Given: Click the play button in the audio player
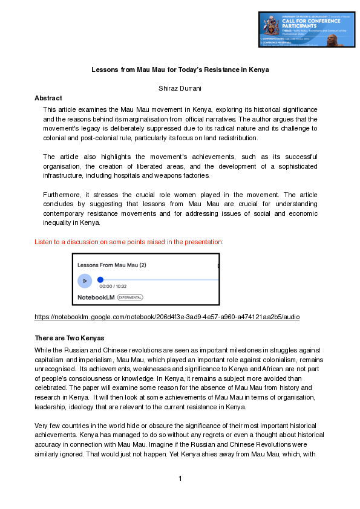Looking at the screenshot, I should (x=85, y=280).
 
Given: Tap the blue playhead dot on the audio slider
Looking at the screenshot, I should (x=100, y=280).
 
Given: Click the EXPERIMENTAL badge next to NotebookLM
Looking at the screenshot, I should (x=130, y=297).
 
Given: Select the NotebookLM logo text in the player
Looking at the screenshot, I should (x=96, y=297).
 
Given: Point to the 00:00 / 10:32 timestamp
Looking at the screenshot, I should (x=113, y=287).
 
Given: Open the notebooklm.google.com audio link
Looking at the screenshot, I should (x=167, y=317).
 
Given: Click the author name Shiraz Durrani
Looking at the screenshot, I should (x=180, y=89).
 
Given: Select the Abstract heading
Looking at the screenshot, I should (x=48, y=98).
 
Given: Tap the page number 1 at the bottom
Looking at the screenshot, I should (x=180, y=479).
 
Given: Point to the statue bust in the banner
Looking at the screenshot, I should (x=332, y=41).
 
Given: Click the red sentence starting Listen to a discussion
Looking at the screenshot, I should (x=129, y=242).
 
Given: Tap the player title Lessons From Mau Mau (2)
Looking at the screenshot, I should (x=112, y=265).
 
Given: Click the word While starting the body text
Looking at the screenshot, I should (x=44, y=350).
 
